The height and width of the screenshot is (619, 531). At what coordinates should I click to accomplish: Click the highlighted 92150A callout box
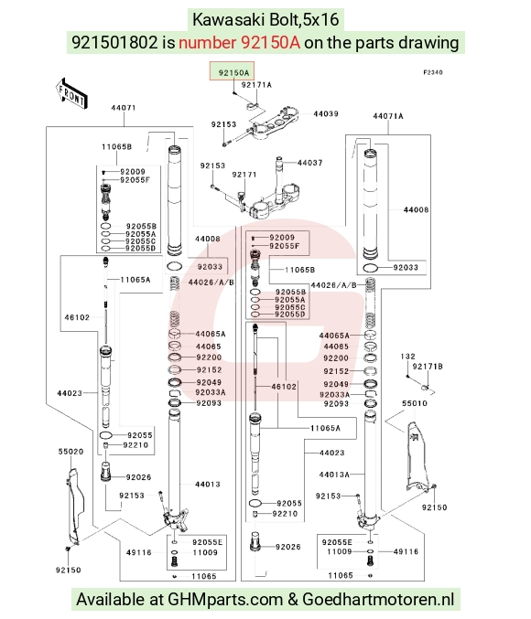point(232,71)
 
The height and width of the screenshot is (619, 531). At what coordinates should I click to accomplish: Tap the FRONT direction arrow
point(71,93)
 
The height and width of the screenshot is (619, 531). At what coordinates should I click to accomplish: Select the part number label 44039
point(326,113)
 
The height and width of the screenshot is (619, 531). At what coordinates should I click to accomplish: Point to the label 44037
point(310,163)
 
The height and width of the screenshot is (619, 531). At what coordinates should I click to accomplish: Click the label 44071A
point(388,116)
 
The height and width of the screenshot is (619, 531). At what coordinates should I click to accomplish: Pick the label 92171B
point(428,367)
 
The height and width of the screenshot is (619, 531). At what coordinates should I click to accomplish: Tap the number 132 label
point(407,357)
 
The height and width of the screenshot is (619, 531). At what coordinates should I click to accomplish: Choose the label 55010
point(415,403)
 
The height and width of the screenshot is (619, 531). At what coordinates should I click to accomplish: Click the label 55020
point(70,452)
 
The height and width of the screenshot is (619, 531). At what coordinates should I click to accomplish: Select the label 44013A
point(334,475)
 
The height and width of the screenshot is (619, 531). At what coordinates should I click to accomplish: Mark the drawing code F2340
point(433,72)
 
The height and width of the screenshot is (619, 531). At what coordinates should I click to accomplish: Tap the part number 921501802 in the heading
point(114,42)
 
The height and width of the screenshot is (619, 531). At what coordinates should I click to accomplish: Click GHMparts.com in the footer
point(225,600)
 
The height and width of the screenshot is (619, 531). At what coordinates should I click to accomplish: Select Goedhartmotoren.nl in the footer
point(378,600)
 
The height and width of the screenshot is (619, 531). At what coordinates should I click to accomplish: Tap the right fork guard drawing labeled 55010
point(417,456)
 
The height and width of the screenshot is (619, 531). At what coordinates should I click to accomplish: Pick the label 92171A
point(256,85)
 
